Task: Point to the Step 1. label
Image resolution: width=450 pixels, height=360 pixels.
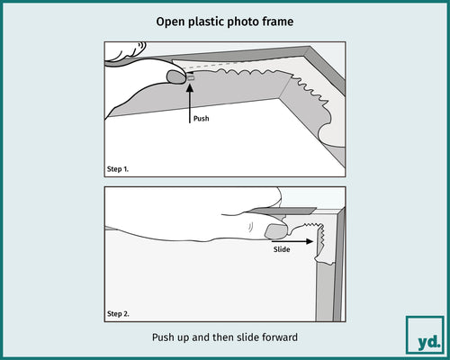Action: [120, 168]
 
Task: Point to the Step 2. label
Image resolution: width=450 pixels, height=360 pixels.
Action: [120, 313]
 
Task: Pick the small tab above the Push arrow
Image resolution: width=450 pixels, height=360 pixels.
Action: [190, 77]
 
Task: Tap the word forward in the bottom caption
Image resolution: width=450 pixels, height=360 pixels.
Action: [282, 339]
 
